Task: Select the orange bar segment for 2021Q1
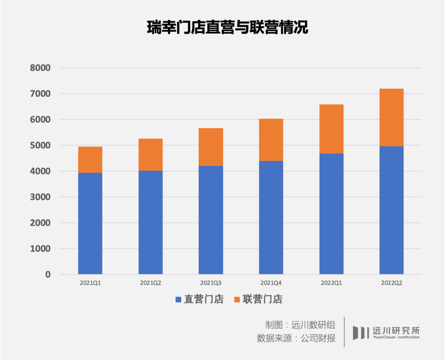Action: point(90,160)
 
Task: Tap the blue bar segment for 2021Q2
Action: point(151,222)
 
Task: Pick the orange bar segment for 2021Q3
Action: point(211,147)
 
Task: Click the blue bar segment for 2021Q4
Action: point(271,217)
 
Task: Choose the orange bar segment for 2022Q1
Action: point(331,129)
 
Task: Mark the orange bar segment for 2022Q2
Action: point(392,117)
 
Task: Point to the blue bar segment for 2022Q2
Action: point(392,210)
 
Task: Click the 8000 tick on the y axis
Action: point(40,68)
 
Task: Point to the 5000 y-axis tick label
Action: point(40,146)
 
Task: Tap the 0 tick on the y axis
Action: point(48,275)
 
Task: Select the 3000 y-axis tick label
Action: point(40,197)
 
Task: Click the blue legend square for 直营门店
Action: point(178,299)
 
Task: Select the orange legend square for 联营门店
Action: point(237,299)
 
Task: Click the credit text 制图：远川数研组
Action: point(300,324)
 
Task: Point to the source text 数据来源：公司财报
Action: point(296,338)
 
